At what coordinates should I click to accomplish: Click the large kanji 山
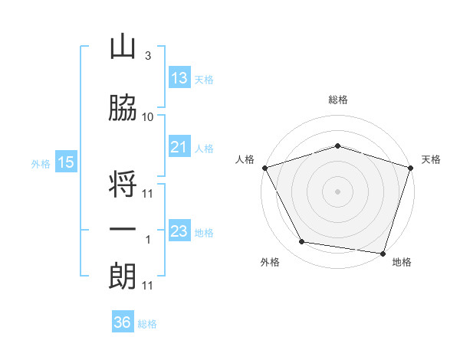[x=123, y=46]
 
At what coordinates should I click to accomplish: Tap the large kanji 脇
[x=123, y=107]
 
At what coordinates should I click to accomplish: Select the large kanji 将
[x=123, y=184]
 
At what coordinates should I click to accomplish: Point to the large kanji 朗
[x=123, y=277]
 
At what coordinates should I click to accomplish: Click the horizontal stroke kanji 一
[x=123, y=229]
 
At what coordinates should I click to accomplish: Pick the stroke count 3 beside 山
[x=148, y=56]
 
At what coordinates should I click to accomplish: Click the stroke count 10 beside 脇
[x=147, y=117]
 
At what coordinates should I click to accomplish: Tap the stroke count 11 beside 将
[x=147, y=194]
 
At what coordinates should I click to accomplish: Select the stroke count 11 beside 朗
[x=147, y=286]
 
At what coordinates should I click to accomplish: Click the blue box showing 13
[x=180, y=77]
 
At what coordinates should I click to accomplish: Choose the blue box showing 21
[x=180, y=146]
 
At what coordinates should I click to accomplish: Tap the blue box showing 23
[x=180, y=230]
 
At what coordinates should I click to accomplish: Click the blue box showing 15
[x=66, y=162]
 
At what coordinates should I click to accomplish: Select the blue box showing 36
[x=123, y=321]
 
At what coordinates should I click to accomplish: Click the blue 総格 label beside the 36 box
[x=147, y=324]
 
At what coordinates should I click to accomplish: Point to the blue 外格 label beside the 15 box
[x=41, y=164]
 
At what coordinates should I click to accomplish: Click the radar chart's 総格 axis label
[x=338, y=100]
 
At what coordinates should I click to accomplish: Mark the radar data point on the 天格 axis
[x=411, y=168]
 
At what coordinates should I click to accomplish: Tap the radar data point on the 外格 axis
[x=302, y=241]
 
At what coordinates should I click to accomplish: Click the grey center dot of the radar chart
[x=337, y=191]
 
